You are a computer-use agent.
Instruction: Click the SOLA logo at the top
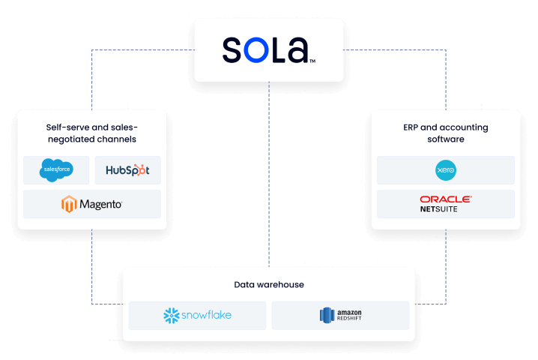click(268, 50)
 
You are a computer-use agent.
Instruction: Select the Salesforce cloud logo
click(57, 170)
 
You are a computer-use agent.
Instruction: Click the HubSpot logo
click(127, 170)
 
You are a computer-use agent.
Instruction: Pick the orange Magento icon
click(70, 204)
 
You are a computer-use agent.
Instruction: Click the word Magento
click(100, 204)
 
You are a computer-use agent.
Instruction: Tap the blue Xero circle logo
click(446, 170)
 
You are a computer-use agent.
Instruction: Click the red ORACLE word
click(446, 199)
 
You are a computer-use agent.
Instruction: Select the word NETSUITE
click(438, 209)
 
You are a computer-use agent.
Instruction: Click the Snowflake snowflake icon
click(172, 316)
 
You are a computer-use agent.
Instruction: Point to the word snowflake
click(207, 316)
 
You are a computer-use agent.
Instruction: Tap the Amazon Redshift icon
click(325, 316)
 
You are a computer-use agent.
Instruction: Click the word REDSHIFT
click(349, 319)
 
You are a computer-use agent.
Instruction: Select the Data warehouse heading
click(268, 285)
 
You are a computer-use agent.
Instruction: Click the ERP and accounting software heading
click(446, 133)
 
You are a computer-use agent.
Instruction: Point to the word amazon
click(349, 311)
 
